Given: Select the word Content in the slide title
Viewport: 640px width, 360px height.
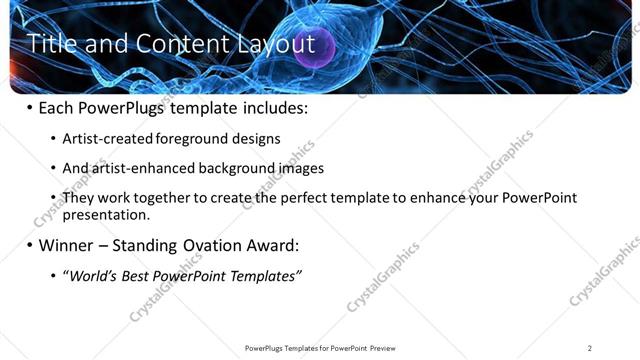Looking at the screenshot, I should click(x=176, y=44).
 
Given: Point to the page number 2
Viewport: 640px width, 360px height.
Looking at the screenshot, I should click(x=589, y=348).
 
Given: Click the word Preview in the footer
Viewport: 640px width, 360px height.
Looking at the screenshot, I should click(x=382, y=348).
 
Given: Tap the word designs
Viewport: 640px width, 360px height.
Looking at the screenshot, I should click(x=257, y=139).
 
